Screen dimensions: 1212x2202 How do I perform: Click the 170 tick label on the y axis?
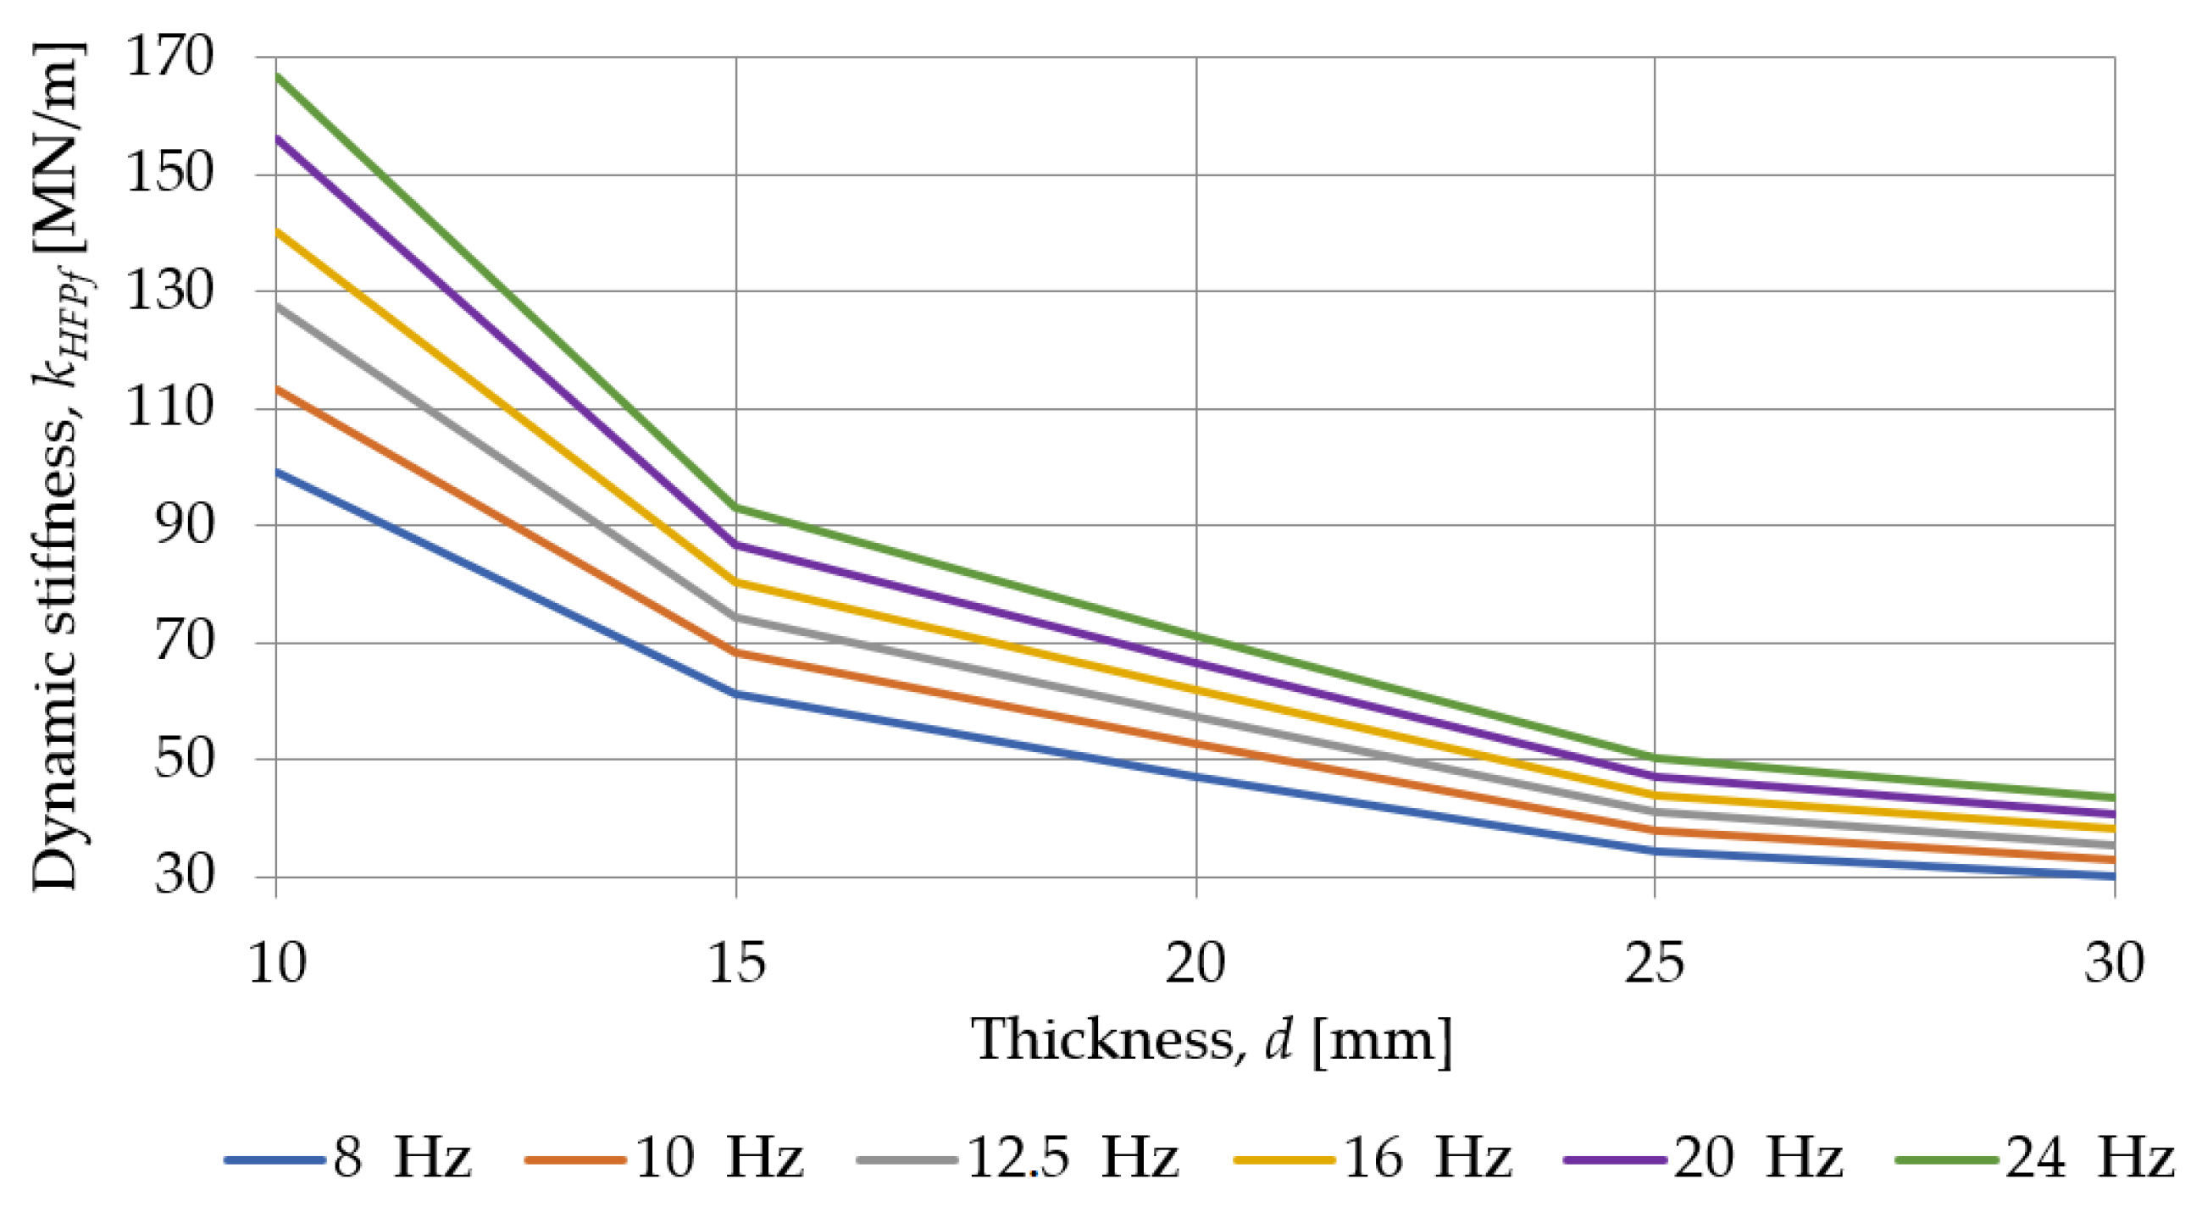pos(169,58)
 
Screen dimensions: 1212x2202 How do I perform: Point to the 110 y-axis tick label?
pos(169,407)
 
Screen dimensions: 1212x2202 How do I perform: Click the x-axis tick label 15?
pos(737,963)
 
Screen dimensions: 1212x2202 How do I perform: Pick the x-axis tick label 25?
pos(1654,963)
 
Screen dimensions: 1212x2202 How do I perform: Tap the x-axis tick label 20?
pos(1195,963)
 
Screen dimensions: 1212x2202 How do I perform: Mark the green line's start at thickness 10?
pos(277,75)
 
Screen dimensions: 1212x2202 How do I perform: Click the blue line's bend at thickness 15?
pos(737,693)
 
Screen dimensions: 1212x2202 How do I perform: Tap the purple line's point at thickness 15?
pos(737,544)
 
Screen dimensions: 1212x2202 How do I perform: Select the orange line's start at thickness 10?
pos(277,388)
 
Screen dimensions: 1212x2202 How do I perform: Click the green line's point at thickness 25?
pos(1654,756)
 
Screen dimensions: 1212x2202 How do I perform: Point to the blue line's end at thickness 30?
pos(2113,876)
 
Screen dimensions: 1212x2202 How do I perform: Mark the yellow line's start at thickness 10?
pos(277,230)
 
